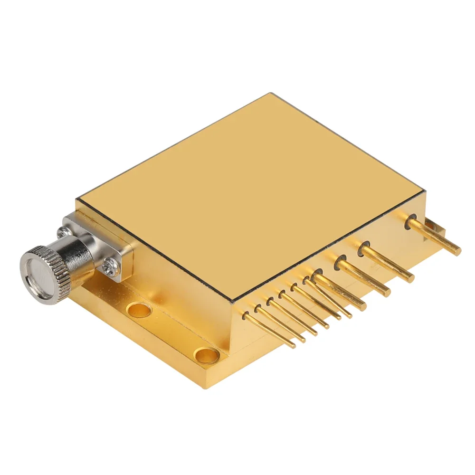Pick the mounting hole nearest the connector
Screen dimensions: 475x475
click(x=139, y=311)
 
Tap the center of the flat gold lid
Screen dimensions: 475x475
click(x=249, y=195)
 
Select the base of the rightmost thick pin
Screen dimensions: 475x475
click(x=411, y=222)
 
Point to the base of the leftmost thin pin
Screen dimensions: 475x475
click(x=246, y=315)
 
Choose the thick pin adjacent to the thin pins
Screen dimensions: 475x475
click(x=340, y=290)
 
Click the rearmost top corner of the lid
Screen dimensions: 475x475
click(x=270, y=94)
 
